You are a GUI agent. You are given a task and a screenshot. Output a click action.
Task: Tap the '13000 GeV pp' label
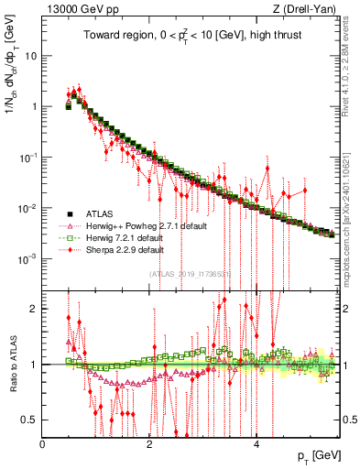point(81,10)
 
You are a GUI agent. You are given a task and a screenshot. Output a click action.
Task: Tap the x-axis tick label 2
point(150,445)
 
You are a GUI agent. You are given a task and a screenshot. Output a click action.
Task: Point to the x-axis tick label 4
point(256,445)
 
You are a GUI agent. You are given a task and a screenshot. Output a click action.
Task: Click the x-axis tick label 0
point(43,445)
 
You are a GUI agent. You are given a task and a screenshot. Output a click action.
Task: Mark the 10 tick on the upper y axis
point(29,55)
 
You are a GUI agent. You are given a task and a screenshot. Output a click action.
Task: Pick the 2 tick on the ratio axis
point(34,308)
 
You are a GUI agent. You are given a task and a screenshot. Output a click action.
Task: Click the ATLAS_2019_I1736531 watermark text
point(190,274)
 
